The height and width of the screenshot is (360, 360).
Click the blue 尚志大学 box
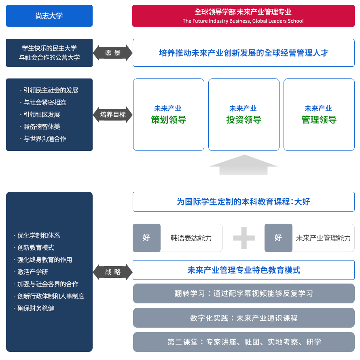click(49, 16)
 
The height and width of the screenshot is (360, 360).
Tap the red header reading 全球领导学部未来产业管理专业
click(243, 12)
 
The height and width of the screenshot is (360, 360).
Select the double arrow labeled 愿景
click(113, 53)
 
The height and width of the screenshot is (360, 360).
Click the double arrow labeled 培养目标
click(113, 114)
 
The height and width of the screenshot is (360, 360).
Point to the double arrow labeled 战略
click(113, 272)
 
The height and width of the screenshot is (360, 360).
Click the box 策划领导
click(169, 114)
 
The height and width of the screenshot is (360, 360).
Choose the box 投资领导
click(244, 114)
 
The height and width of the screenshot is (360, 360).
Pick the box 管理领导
click(319, 114)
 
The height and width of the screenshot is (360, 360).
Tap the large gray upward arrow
click(243, 165)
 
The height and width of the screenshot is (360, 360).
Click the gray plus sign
click(244, 238)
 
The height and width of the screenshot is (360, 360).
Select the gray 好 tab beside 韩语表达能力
click(146, 238)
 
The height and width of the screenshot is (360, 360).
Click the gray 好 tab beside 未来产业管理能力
click(278, 238)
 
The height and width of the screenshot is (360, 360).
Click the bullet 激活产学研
click(32, 272)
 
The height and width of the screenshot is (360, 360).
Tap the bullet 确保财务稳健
click(36, 308)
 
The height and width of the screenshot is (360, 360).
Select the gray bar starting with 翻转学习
click(244, 294)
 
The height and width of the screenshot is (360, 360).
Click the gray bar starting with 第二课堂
click(244, 342)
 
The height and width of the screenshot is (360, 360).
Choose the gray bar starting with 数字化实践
click(244, 318)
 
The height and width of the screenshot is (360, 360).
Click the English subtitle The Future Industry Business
click(243, 21)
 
